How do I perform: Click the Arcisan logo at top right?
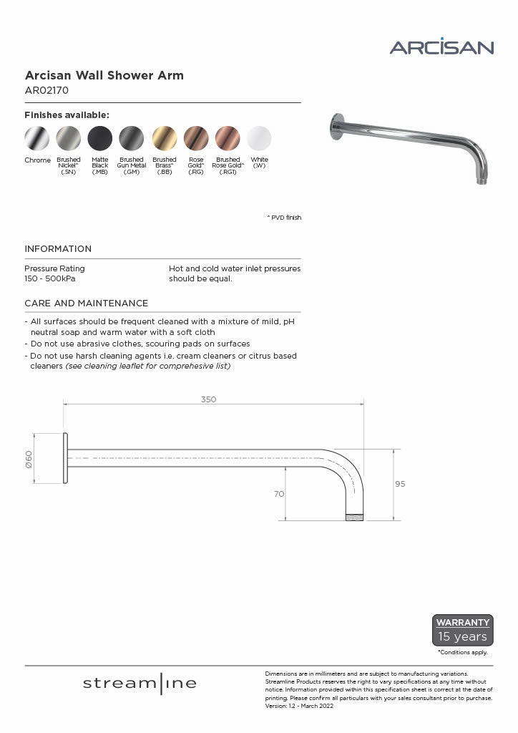pyautogui.click(x=441, y=47)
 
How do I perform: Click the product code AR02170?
pyautogui.click(x=47, y=90)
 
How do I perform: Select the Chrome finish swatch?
pyautogui.click(x=37, y=138)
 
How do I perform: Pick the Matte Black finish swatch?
pyautogui.click(x=100, y=138)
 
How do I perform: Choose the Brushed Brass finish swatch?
pyautogui.click(x=165, y=138)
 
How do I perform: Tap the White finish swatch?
pyautogui.click(x=259, y=138)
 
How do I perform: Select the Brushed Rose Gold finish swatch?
pyautogui.click(x=228, y=138)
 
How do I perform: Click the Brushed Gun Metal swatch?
pyautogui.click(x=131, y=138)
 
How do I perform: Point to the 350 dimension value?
pyautogui.click(x=208, y=399)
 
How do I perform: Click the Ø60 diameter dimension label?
pyautogui.click(x=29, y=460)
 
